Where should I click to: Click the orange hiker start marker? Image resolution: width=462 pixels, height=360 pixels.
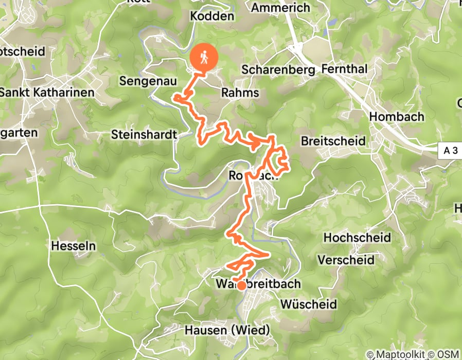click(x=204, y=58)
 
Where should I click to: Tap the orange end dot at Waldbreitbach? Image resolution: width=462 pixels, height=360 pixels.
click(x=240, y=284)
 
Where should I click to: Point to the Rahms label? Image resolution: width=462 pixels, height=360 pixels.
click(x=240, y=93)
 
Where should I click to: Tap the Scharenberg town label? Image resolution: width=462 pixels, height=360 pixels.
click(x=278, y=69)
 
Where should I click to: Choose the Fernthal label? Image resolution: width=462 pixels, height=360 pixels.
click(x=344, y=69)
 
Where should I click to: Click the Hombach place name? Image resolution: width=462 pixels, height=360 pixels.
click(x=397, y=116)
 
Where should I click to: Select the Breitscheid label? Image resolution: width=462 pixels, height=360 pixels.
click(x=333, y=141)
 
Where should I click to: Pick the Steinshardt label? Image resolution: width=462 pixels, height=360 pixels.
click(x=144, y=135)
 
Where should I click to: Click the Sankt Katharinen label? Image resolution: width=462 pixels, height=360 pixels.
click(x=47, y=93)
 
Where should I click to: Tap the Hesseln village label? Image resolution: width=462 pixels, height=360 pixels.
click(x=74, y=246)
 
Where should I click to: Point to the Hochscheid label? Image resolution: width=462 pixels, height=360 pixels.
click(x=357, y=238)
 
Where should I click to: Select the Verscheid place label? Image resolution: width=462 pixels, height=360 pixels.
click(x=346, y=260)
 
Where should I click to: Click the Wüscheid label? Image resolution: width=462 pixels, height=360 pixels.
click(x=309, y=304)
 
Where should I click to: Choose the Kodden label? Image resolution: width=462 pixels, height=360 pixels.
click(x=212, y=16)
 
